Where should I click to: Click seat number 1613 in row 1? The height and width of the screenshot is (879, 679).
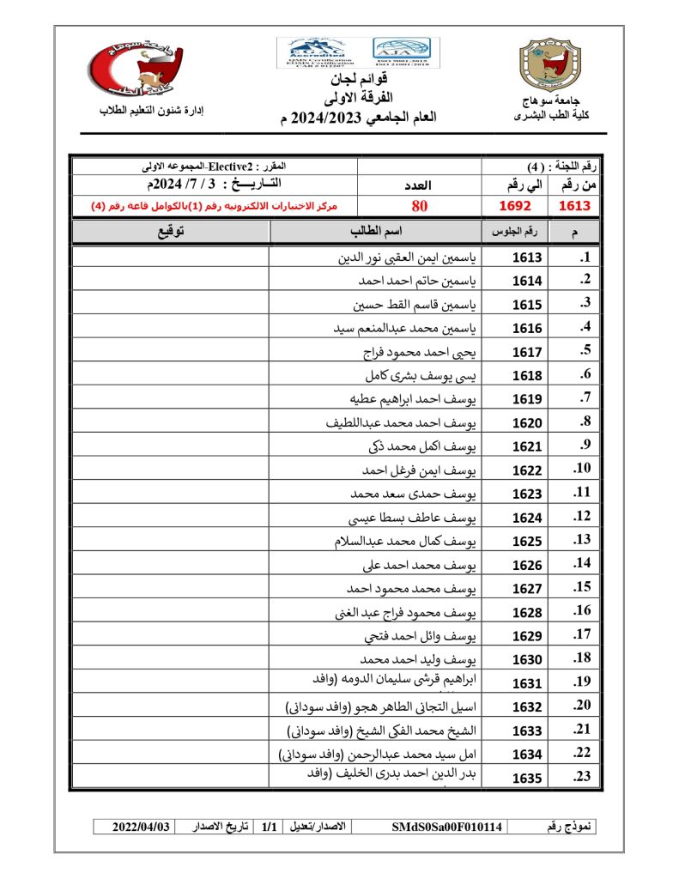point(527,258)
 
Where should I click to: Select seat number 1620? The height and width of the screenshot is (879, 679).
point(527,423)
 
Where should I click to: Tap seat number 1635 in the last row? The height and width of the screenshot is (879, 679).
point(527,779)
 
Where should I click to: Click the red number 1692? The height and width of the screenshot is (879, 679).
point(516,206)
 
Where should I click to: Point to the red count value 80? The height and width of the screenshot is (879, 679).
point(419,206)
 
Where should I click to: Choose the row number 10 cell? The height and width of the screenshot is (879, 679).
point(582,469)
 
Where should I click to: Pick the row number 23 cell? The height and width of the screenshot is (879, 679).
point(582,777)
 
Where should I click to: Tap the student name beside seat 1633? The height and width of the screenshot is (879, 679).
point(381,730)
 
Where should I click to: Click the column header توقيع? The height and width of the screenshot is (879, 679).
point(172,232)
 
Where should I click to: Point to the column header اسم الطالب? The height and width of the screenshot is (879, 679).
point(375,232)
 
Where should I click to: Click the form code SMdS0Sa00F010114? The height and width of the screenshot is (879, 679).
point(447,827)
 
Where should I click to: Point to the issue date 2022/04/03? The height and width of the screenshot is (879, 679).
point(142,827)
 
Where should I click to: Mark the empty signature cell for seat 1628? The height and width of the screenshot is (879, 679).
point(170,612)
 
